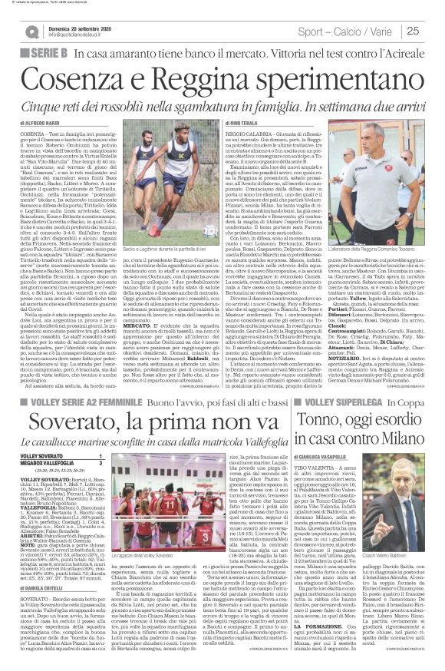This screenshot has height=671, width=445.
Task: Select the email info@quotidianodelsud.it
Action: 58,35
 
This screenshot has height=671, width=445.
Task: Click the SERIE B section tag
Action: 39,51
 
